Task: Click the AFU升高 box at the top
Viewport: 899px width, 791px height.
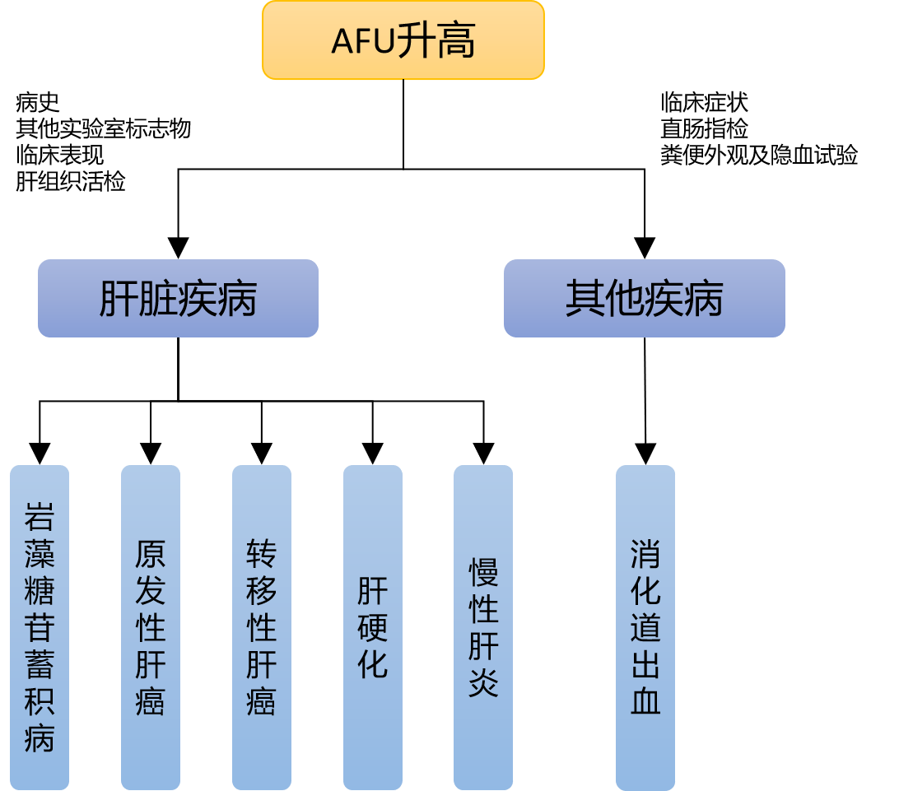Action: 403,40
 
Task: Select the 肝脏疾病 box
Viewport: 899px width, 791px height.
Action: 178,298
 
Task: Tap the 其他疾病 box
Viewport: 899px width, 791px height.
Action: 644,298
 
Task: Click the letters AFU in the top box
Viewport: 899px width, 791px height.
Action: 362,41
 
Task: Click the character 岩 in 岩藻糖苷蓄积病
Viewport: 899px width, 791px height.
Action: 40,516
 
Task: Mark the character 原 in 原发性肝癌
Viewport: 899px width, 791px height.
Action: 151,554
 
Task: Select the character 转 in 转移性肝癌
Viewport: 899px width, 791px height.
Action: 262,554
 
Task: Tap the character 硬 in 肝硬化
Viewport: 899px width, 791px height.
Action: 373,627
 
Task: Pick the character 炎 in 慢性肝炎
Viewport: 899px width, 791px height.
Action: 483,682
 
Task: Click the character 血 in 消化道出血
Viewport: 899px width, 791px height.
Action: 645,700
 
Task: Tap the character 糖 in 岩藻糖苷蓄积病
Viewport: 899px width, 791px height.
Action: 40,591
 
